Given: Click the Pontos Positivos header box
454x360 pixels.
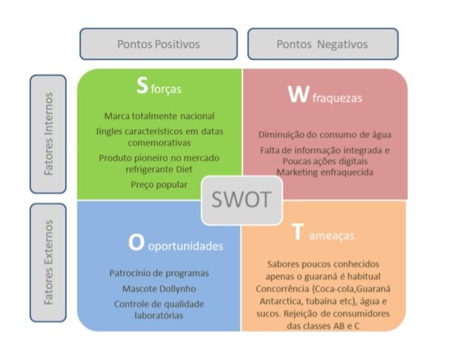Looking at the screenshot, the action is pyautogui.click(x=158, y=44).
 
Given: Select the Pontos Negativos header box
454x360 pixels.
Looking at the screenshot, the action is pyautogui.click(x=322, y=44).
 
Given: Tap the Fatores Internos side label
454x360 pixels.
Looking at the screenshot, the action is pyautogui.click(x=48, y=134).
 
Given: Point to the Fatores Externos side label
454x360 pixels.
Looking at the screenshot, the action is pyautogui.click(x=48, y=262).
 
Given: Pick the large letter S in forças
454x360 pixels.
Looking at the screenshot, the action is pyautogui.click(x=143, y=87).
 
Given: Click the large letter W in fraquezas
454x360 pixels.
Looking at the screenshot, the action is pyautogui.click(x=297, y=95).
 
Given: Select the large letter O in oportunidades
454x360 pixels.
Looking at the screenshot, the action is pyautogui.click(x=136, y=244).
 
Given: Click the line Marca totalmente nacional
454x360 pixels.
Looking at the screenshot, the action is pyautogui.click(x=159, y=116).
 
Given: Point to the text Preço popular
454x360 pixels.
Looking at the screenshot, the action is pyautogui.click(x=159, y=185).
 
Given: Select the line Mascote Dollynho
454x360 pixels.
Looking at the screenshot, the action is pyautogui.click(x=159, y=289).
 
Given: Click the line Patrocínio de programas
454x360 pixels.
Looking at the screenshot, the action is pyautogui.click(x=159, y=273).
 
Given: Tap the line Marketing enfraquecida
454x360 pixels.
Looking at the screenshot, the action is pyautogui.click(x=325, y=172).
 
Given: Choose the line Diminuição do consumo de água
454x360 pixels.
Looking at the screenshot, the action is pyautogui.click(x=325, y=134).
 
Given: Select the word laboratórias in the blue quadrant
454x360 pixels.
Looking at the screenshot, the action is pyautogui.click(x=159, y=315).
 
